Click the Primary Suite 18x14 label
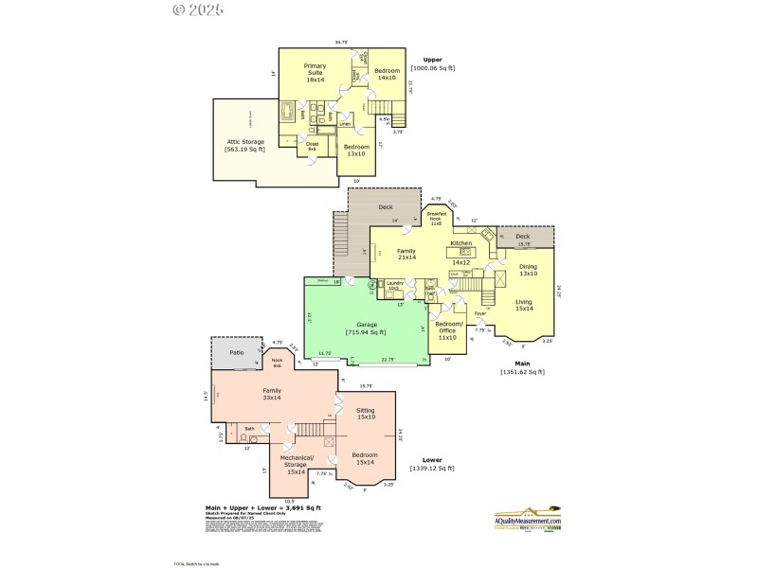pos(315,73)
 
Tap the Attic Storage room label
pos(244,145)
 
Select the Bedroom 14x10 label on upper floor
pos(387,74)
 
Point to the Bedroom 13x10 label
pos(356,151)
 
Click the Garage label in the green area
pos(364,328)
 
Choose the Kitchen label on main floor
pos(460,244)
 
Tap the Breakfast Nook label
pos(436,220)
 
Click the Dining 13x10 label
pos(528,270)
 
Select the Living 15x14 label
pos(525,305)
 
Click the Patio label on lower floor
pos(236,352)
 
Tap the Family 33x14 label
pos(272,394)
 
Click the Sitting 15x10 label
pos(365,413)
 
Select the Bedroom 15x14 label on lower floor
pos(364,458)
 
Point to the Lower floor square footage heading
pos(432,464)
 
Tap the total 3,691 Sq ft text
pos(263,507)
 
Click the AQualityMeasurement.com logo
pos(528,522)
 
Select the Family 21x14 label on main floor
pos(406,254)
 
